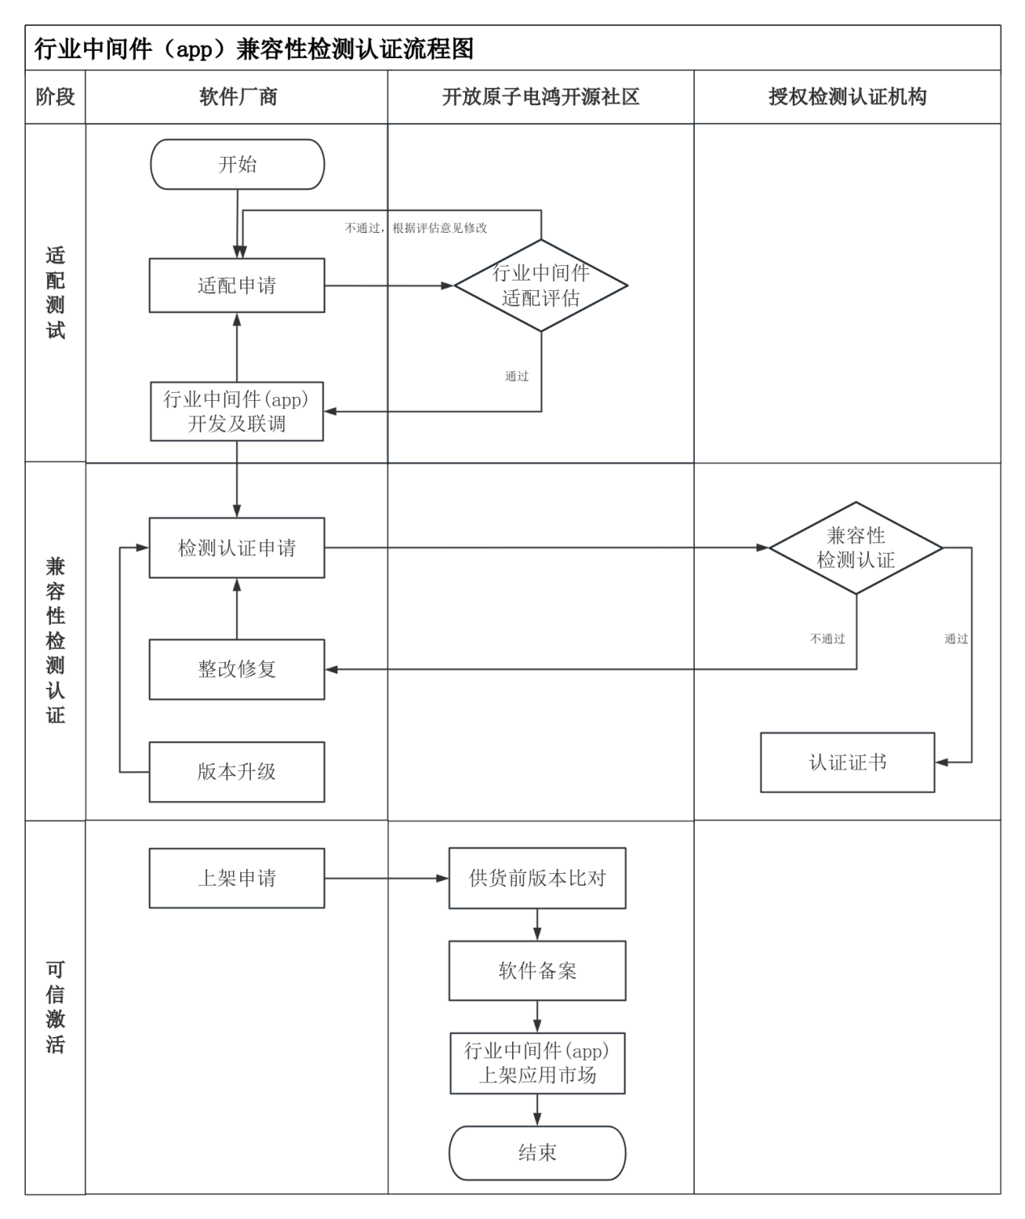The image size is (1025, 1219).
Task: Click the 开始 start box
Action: click(237, 164)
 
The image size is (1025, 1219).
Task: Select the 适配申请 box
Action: click(237, 285)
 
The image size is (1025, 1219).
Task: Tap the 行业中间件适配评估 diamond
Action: click(540, 285)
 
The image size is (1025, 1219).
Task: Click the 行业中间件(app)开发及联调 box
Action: click(237, 411)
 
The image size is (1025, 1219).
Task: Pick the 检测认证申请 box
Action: click(237, 548)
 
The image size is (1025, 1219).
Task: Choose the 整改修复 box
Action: click(237, 669)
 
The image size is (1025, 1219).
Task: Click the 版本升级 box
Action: click(237, 772)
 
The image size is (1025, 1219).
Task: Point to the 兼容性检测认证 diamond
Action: click(856, 548)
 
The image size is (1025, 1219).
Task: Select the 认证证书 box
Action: click(847, 762)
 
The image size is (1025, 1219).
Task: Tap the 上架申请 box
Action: click(237, 878)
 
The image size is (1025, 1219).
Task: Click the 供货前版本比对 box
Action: click(537, 878)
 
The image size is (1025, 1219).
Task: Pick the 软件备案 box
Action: click(537, 971)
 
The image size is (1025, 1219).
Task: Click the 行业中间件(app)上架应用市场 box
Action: click(537, 1063)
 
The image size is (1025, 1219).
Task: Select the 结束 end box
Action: click(537, 1153)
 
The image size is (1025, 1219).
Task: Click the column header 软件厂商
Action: click(238, 97)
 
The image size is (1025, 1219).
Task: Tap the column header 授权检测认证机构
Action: click(847, 97)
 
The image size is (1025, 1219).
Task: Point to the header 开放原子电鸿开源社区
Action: click(540, 97)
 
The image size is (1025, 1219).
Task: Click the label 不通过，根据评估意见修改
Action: click(416, 228)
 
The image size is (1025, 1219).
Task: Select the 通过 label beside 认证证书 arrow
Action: click(956, 639)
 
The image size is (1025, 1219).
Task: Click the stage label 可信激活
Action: click(55, 1006)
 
